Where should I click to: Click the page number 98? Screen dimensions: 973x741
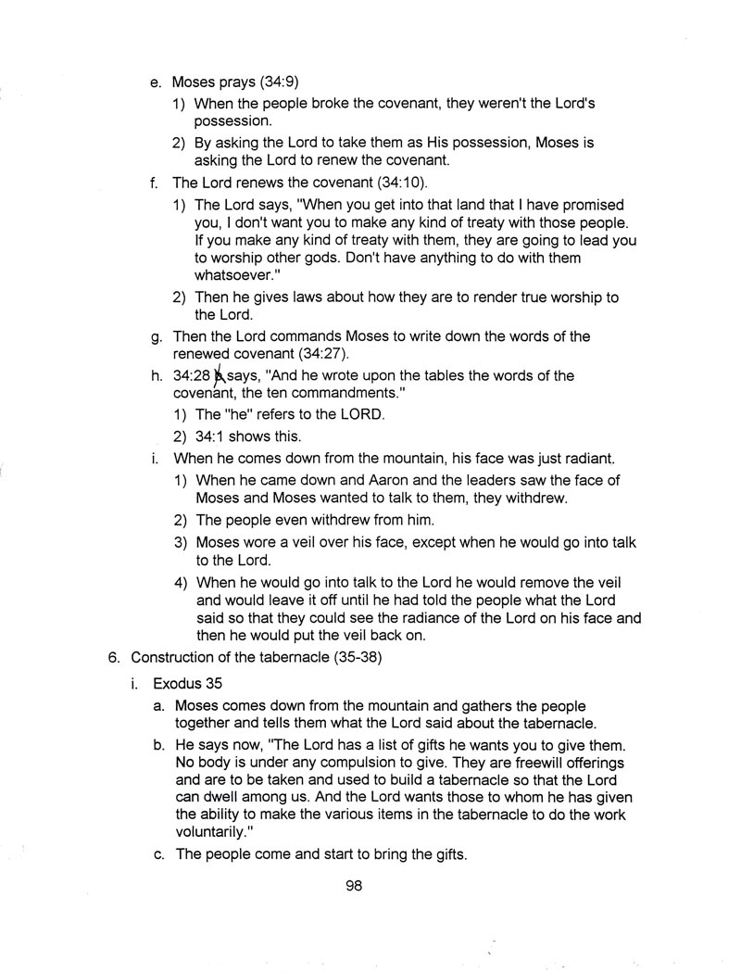354,886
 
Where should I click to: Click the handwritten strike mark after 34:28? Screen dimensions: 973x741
220,376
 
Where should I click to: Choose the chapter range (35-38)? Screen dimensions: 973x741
338,658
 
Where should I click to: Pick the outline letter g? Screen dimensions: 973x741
157,337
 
